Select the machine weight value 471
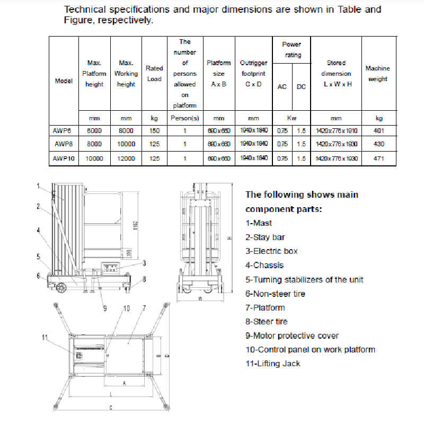click(x=378, y=158)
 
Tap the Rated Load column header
click(x=154, y=74)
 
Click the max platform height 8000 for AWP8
click(x=94, y=144)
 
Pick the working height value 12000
click(x=126, y=158)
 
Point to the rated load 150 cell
click(x=154, y=130)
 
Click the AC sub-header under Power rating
click(x=282, y=87)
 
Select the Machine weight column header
click(x=378, y=74)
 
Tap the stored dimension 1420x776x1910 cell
click(x=336, y=130)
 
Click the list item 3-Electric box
click(x=271, y=251)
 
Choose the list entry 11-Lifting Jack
click(x=273, y=364)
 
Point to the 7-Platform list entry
click(x=265, y=307)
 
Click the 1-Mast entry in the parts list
click(x=259, y=223)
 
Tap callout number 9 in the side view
click(x=105, y=308)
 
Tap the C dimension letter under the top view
click(x=110, y=408)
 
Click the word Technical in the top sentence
click(x=86, y=10)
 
